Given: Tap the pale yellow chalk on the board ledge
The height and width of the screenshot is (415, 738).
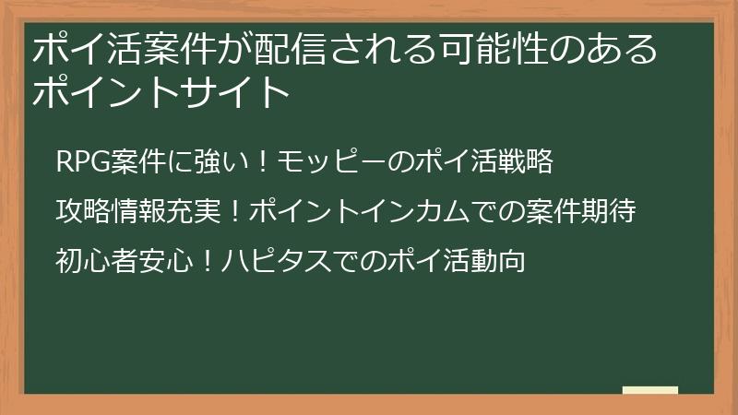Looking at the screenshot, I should click(x=649, y=390).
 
